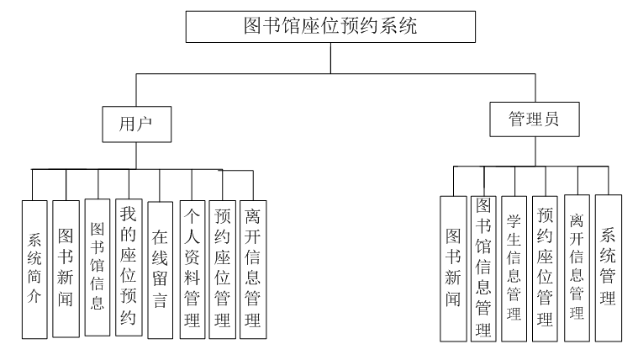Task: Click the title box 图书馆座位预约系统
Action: (x=331, y=26)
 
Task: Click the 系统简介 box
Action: (x=34, y=268)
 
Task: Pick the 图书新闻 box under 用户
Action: (x=66, y=268)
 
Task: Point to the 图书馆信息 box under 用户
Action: (x=97, y=267)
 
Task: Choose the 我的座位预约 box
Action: (x=128, y=267)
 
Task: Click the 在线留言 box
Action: (x=160, y=269)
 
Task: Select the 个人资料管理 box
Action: (x=192, y=268)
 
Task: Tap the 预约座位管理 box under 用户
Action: (x=223, y=268)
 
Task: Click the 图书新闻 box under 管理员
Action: (x=454, y=268)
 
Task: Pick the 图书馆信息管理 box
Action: (x=482, y=267)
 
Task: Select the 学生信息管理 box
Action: (x=514, y=268)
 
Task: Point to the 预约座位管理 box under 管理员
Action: (x=545, y=268)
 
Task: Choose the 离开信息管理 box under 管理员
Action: (x=577, y=268)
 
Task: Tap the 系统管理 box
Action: (x=609, y=267)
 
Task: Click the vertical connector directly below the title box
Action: (x=331, y=57)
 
